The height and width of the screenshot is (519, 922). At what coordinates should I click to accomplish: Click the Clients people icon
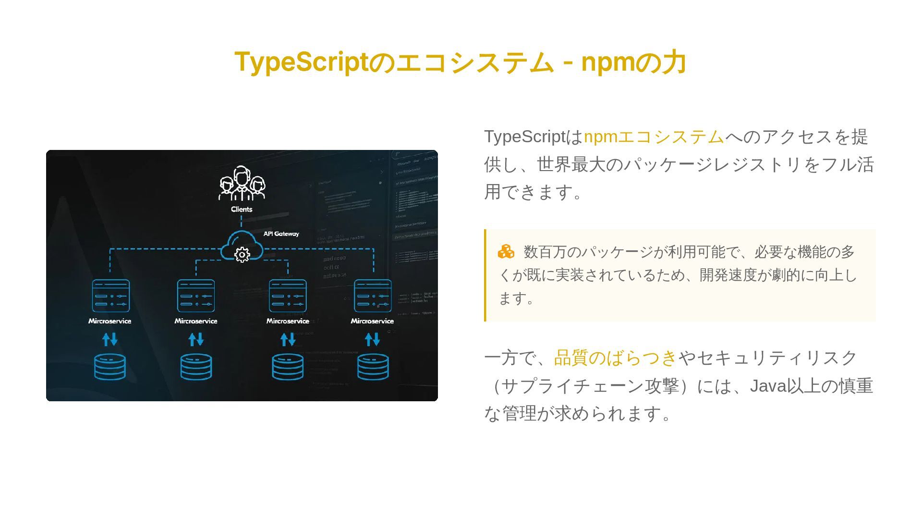(x=242, y=184)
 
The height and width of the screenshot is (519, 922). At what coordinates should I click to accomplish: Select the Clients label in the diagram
(x=242, y=209)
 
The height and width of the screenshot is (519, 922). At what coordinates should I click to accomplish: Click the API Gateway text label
(x=281, y=234)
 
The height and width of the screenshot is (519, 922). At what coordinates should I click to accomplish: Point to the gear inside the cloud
(x=242, y=254)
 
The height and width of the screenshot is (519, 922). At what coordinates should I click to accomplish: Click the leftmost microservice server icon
(x=110, y=296)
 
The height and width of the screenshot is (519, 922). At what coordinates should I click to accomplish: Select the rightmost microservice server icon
(x=373, y=296)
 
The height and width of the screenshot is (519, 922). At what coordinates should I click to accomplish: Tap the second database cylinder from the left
(x=196, y=367)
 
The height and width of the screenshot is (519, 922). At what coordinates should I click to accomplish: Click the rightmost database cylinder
(x=373, y=367)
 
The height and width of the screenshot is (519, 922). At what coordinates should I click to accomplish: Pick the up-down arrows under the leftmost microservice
(x=110, y=340)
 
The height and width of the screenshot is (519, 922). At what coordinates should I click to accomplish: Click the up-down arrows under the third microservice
(x=288, y=340)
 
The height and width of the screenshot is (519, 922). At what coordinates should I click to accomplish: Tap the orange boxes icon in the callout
(x=506, y=251)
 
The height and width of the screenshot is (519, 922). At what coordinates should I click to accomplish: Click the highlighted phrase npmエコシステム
(x=654, y=137)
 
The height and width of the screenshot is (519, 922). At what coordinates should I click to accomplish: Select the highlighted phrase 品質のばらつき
(x=615, y=358)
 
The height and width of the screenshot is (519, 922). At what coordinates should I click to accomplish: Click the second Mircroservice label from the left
(x=196, y=321)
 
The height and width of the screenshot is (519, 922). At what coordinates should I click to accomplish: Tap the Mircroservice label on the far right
(x=372, y=321)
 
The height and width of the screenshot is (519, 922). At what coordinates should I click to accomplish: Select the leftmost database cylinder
(x=110, y=367)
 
